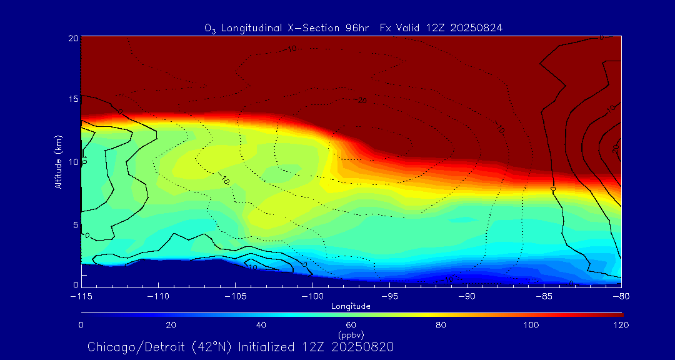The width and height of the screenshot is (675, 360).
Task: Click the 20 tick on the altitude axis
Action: pyautogui.click(x=72, y=38)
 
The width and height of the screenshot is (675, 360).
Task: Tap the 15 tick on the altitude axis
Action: pyautogui.click(x=72, y=99)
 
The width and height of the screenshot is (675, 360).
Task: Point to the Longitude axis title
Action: pyautogui.click(x=351, y=306)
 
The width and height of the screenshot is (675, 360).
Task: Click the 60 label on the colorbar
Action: pyautogui.click(x=351, y=325)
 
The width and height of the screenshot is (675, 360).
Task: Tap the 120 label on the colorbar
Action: pyautogui.click(x=621, y=325)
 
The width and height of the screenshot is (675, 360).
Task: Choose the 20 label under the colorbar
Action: pyautogui.click(x=171, y=325)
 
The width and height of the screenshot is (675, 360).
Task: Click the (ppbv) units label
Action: pyautogui.click(x=351, y=334)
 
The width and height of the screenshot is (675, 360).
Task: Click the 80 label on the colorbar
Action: pyautogui.click(x=441, y=325)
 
